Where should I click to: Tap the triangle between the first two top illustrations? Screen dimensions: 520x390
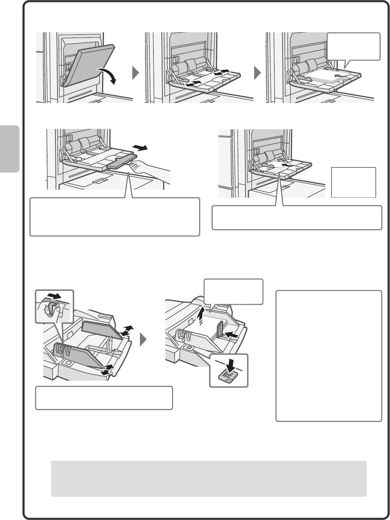pyautogui.click(x=136, y=73)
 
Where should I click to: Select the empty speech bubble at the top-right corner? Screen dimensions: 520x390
pyautogui.click(x=354, y=46)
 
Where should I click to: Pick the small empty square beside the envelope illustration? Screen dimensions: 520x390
pyautogui.click(x=353, y=182)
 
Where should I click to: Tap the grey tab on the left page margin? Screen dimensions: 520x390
pyautogui.click(x=10, y=149)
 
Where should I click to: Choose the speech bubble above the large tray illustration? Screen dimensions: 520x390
pyautogui.click(x=233, y=292)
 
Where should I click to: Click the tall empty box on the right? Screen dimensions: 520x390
pyautogui.click(x=329, y=355)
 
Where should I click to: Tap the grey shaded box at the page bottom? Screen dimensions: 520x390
pyautogui.click(x=209, y=478)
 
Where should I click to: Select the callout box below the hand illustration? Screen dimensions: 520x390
pyautogui.click(x=115, y=217)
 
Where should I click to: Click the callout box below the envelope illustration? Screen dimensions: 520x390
pyautogui.click(x=297, y=217)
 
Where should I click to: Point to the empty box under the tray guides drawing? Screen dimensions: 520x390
pyautogui.click(x=104, y=398)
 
